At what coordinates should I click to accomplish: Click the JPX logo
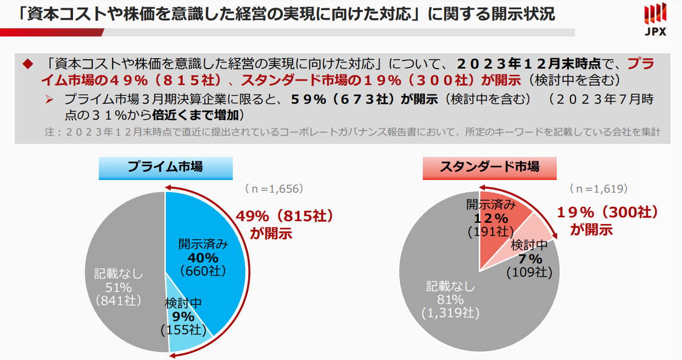click(656, 19)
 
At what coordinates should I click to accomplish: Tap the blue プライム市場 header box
click(165, 167)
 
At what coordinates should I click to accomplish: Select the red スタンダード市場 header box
click(489, 167)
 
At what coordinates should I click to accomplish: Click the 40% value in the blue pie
click(203, 257)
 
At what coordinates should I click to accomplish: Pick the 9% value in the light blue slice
click(183, 317)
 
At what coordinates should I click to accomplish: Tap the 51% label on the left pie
click(118, 287)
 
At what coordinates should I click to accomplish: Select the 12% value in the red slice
click(491, 218)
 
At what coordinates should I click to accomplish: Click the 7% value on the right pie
click(530, 259)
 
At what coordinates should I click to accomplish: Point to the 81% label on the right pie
click(450, 300)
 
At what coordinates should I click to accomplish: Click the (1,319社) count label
click(450, 313)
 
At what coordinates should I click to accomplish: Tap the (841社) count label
click(118, 300)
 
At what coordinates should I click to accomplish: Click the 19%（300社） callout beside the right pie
click(607, 212)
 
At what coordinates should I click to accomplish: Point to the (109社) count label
click(529, 272)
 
